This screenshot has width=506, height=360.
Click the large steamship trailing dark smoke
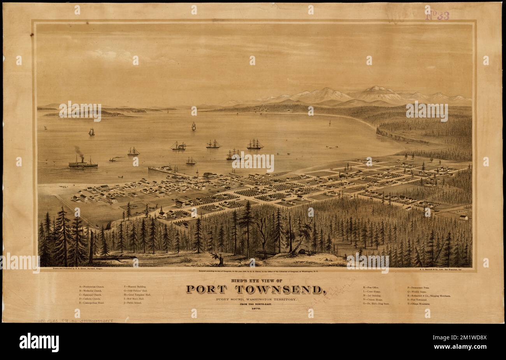pyautogui.click(x=83, y=163)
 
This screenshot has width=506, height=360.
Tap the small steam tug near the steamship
pyautogui.click(x=112, y=159)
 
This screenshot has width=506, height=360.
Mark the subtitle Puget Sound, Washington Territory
pyautogui.click(x=256, y=299)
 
